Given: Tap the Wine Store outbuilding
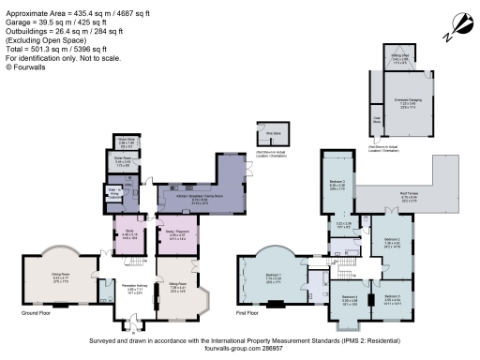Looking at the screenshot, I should pyautogui.click(x=264, y=131).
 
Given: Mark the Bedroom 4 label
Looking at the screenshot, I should pyautogui.click(x=349, y=296).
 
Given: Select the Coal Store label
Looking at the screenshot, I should pyautogui.click(x=376, y=118).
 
